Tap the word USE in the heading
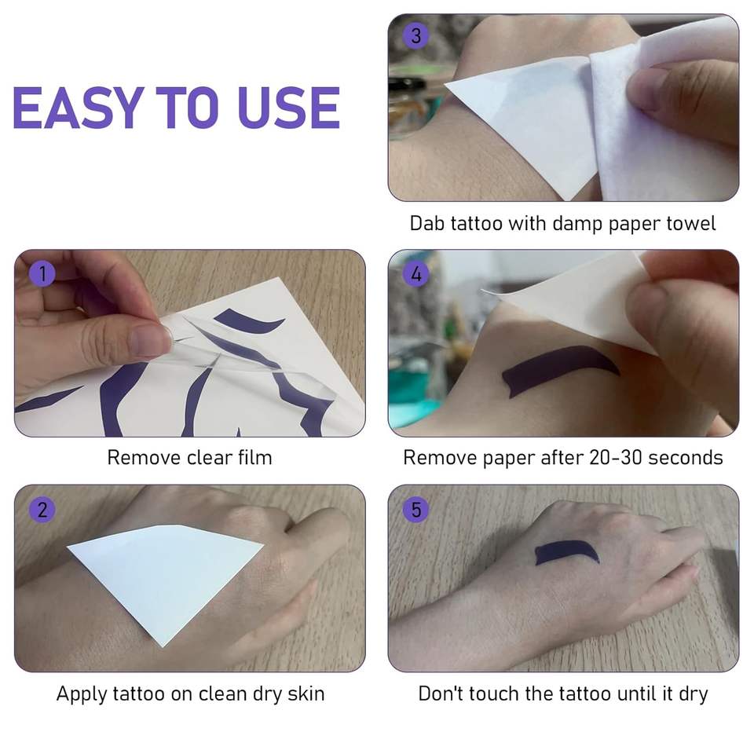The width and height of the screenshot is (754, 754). click(289, 108)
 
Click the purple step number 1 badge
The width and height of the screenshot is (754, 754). click(42, 273)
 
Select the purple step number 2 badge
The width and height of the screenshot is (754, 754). click(42, 510)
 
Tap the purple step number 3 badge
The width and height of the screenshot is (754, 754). click(416, 35)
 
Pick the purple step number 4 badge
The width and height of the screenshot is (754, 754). click(416, 273)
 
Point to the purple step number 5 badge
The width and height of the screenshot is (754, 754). click(416, 510)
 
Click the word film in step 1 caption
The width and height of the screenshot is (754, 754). click(254, 457)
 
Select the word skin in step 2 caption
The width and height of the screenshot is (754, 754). click(306, 694)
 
